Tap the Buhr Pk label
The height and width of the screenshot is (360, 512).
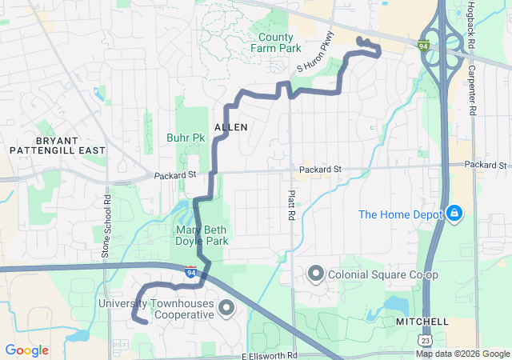pos(186,138)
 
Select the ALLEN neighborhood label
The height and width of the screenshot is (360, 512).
pos(231,127)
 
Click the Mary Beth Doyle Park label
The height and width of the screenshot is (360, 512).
pos(202,235)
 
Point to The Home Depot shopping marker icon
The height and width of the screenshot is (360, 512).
pos(454,214)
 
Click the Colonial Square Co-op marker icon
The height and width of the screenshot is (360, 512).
pos(315,275)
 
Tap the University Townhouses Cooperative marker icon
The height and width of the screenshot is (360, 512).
pos(226,308)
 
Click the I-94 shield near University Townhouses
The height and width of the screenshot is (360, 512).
pos(190,273)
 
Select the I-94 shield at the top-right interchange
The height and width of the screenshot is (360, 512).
pos(424,46)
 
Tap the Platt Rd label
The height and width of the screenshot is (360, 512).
pos(291,205)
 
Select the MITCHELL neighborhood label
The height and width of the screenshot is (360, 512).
pos(423,321)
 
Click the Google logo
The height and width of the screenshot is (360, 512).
pos(27,350)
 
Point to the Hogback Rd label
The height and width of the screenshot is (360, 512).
pos(471,22)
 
